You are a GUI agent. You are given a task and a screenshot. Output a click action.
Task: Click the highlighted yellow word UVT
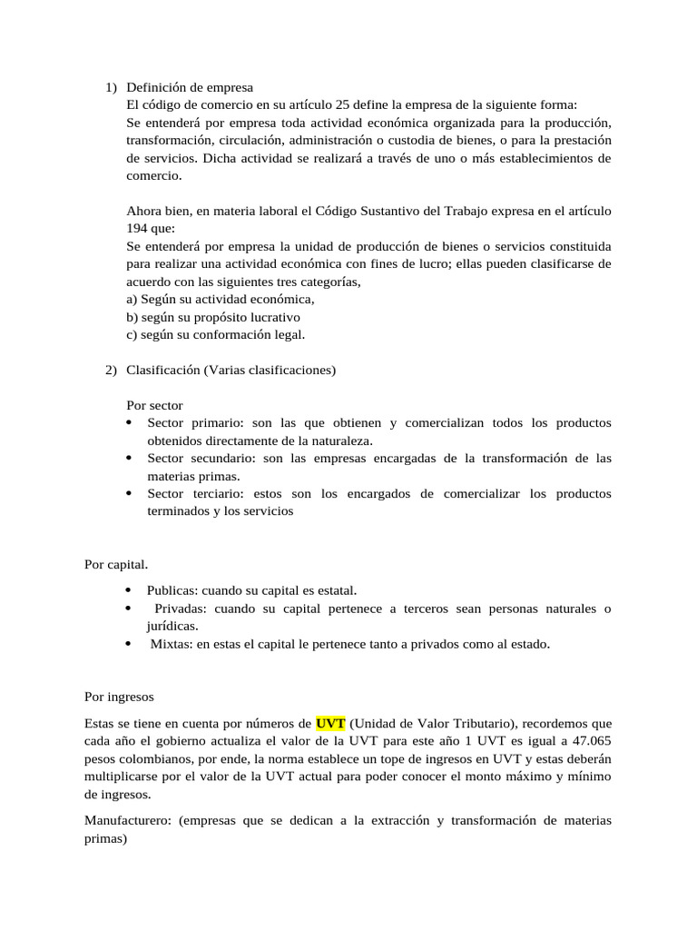point(330,724)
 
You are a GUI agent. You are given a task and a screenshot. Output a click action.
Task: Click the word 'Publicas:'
point(172,590)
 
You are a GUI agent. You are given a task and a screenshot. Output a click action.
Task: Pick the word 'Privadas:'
point(181,608)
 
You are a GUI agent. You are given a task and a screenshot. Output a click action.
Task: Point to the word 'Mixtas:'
point(172,644)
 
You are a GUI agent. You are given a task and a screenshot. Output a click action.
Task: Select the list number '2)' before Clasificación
point(110,370)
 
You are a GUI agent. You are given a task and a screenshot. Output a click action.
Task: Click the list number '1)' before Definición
point(110,87)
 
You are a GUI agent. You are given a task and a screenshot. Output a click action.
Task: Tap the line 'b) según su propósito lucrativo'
point(213,317)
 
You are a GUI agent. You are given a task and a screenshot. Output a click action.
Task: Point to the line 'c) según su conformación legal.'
point(216,334)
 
